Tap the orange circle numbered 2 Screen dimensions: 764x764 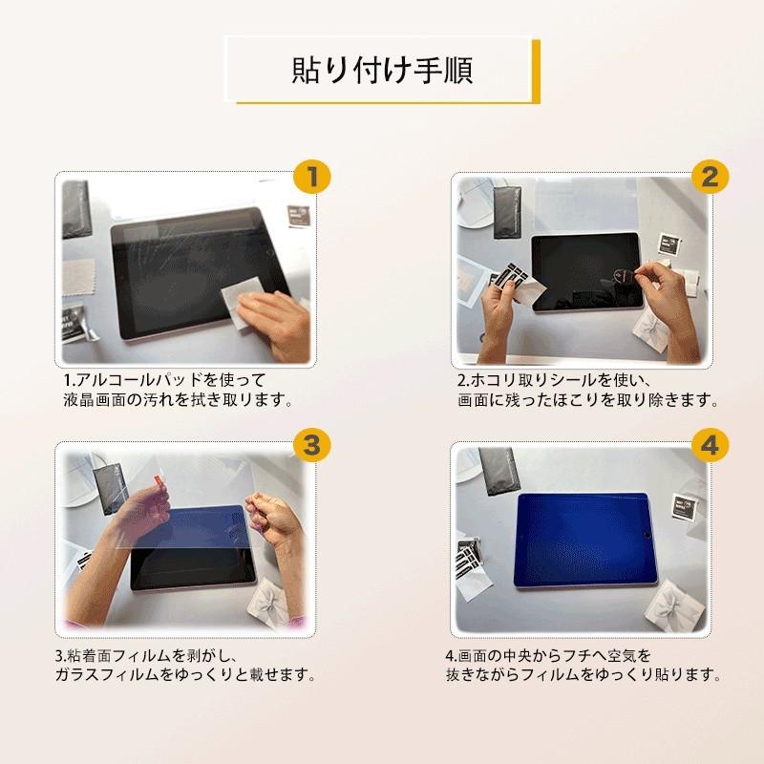point(709,176)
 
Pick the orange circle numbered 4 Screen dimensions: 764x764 point(709,443)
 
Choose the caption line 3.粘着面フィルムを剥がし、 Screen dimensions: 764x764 point(153,655)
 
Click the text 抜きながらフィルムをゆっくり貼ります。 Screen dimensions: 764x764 point(582,675)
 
